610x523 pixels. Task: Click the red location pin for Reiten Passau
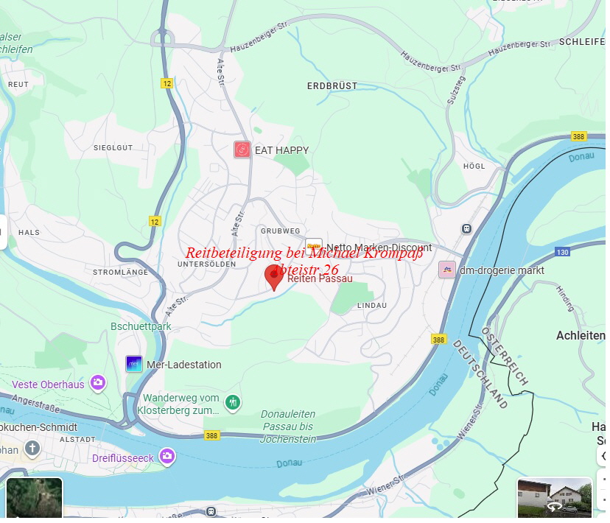(274, 275)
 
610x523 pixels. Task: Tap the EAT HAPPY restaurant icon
(242, 150)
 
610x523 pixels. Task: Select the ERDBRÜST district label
(332, 86)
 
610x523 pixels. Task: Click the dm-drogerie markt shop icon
(446, 270)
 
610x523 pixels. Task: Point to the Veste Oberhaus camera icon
(97, 382)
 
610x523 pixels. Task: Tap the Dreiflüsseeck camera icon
(167, 457)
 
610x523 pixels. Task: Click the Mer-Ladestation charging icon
(134, 364)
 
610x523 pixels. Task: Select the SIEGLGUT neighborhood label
(113, 147)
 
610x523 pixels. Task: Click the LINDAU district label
(371, 305)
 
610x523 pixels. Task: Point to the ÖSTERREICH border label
(505, 355)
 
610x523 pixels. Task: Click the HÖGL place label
(474, 166)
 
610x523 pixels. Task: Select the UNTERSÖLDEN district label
(206, 264)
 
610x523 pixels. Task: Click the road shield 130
(562, 253)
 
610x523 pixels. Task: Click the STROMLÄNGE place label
(120, 272)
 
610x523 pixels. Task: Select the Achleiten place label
(580, 335)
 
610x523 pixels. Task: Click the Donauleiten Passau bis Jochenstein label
(287, 427)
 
